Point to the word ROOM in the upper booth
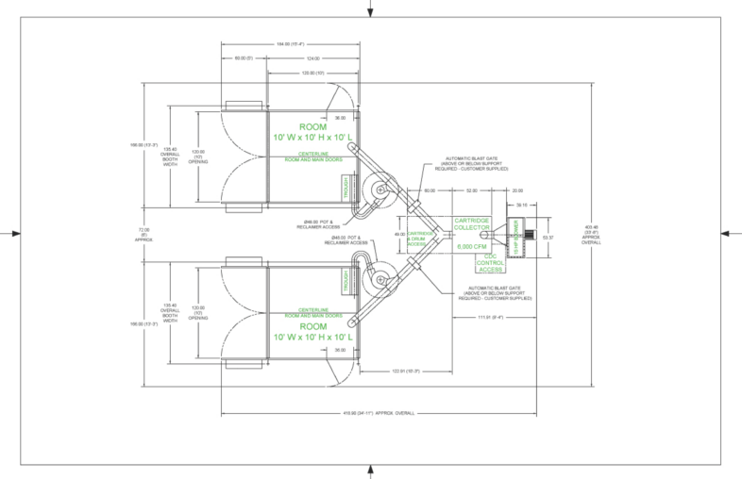coord(312,126)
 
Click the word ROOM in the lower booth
coord(312,323)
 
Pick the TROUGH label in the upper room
coord(346,187)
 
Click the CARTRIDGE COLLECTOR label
coord(471,223)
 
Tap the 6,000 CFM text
coord(471,246)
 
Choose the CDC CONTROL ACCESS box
coord(490,261)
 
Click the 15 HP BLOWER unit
coord(515,236)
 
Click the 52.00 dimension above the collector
coord(471,190)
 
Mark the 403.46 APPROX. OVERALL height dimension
coord(592,233)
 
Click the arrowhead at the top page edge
coord(370,10)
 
